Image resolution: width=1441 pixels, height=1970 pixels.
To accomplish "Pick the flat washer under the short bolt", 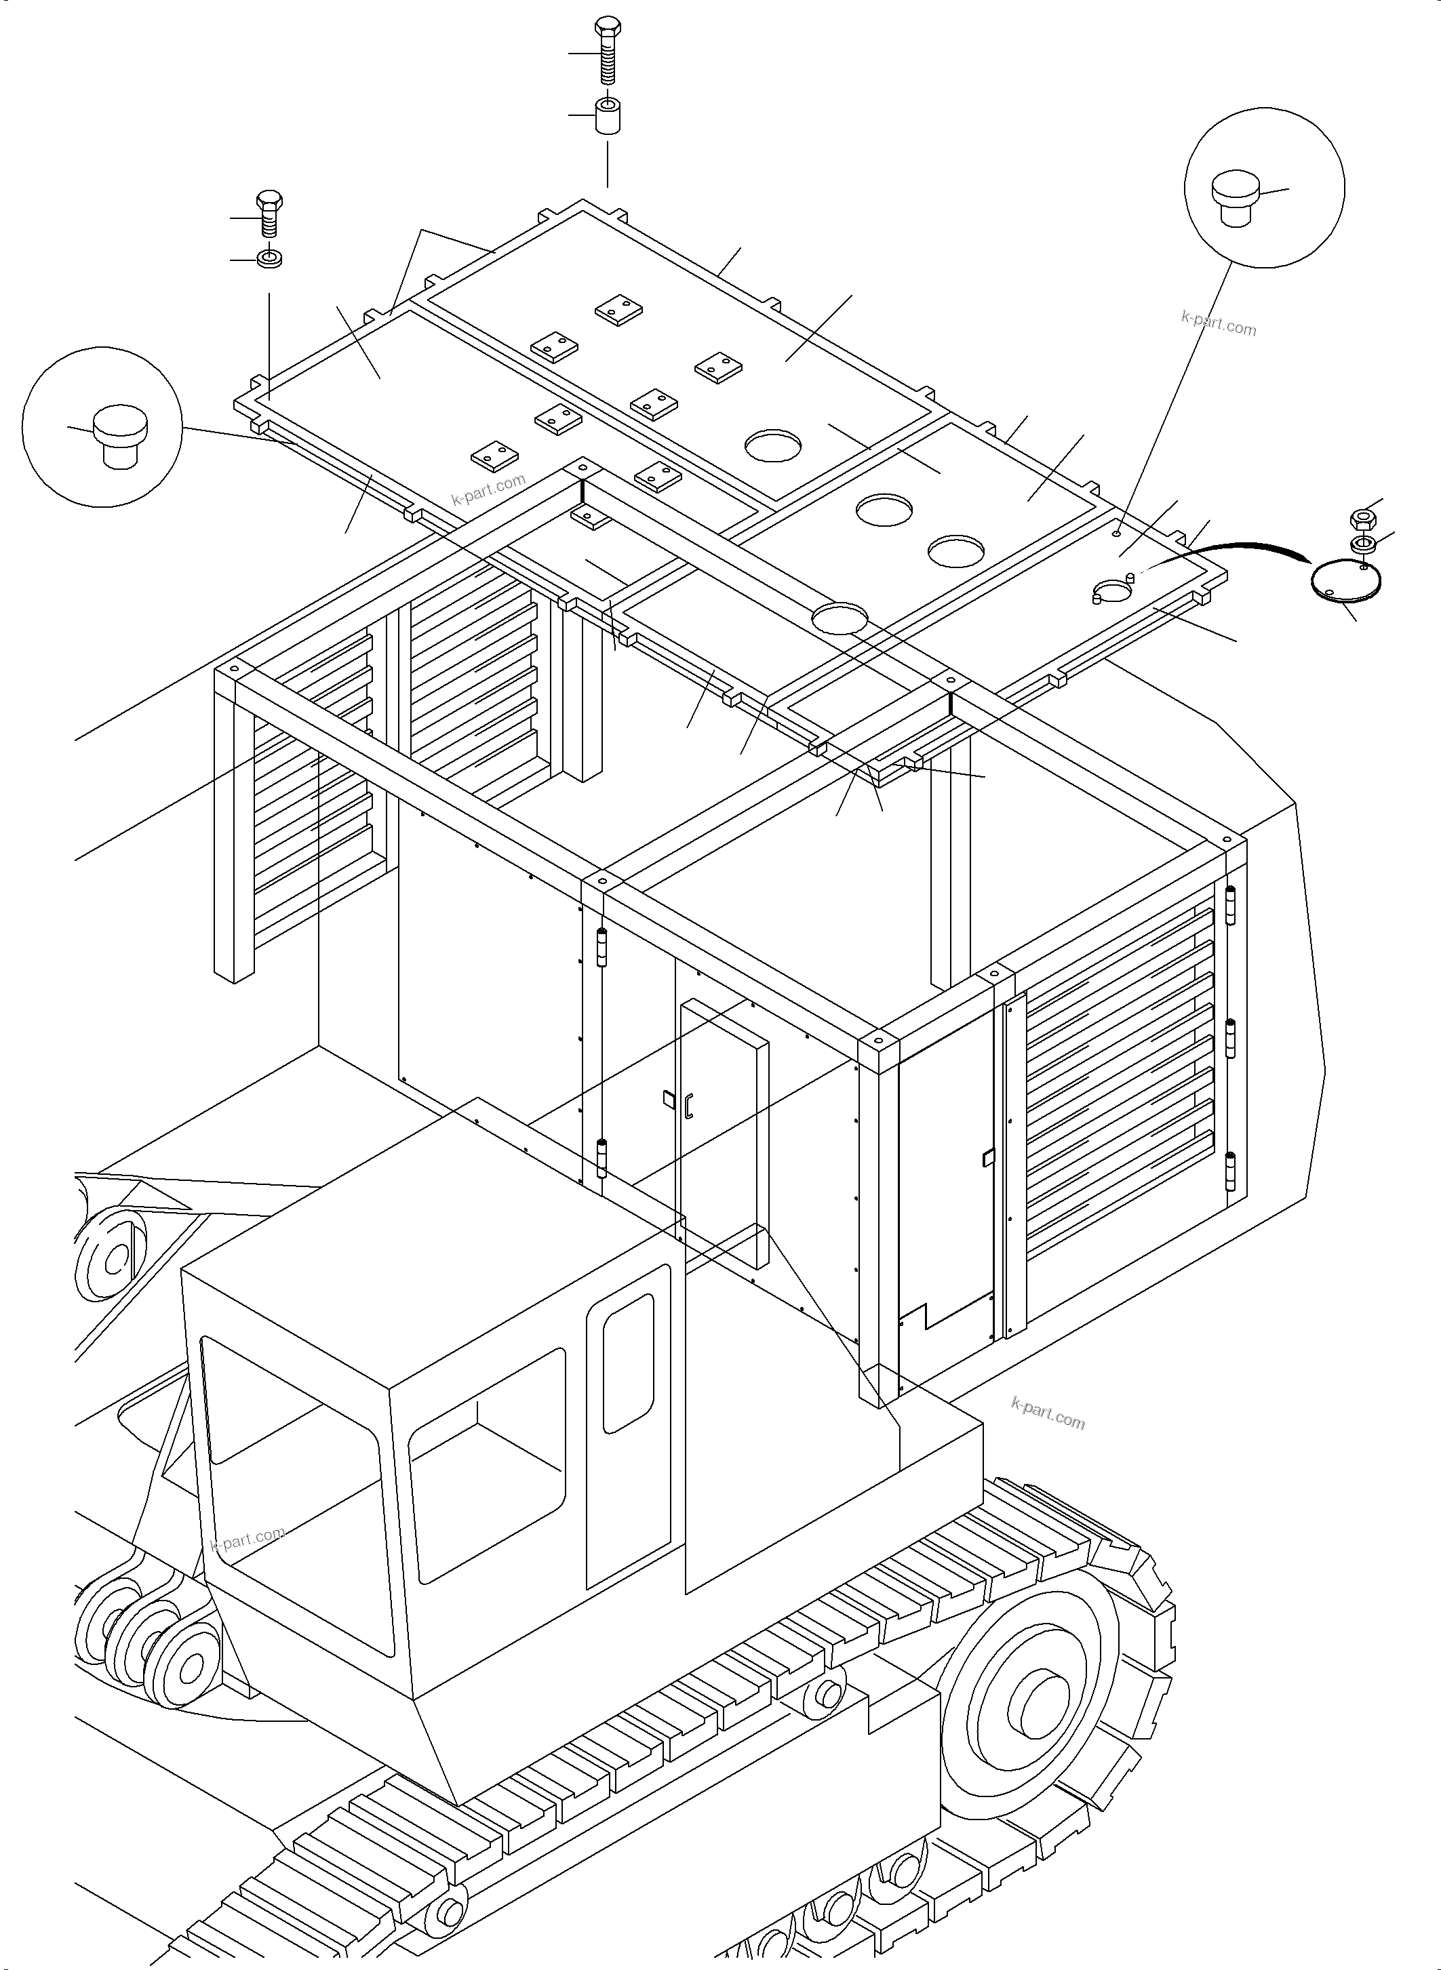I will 269,259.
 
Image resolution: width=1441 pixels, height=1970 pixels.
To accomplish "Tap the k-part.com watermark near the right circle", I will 1219,323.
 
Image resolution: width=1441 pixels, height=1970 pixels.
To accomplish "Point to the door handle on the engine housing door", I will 689,1105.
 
